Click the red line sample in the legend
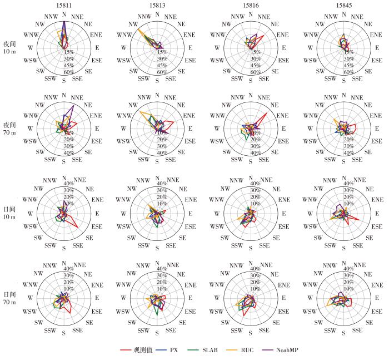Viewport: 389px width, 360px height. click(126, 350)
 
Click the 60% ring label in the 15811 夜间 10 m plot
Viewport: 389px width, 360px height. click(70, 72)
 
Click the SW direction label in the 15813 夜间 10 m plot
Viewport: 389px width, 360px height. click(133, 72)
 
